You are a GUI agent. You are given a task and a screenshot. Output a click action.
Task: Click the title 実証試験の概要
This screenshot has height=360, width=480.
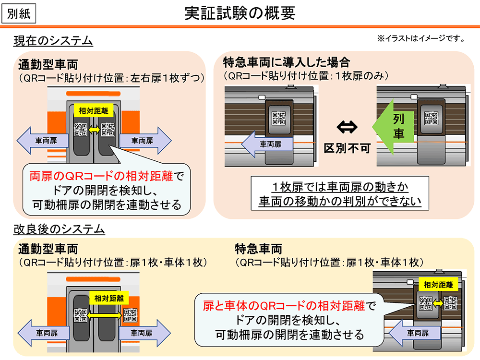pyautogui.click(x=240, y=13)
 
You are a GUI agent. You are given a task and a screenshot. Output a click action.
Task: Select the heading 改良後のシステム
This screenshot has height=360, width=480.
pyautogui.click(x=59, y=229)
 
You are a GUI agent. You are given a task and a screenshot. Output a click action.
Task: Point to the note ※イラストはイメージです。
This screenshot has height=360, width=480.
pyautogui.click(x=421, y=39)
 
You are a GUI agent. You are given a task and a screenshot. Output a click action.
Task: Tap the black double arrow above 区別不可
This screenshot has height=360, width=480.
pyautogui.click(x=347, y=127)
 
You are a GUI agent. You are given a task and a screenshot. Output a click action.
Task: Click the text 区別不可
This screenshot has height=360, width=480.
pyautogui.click(x=347, y=148)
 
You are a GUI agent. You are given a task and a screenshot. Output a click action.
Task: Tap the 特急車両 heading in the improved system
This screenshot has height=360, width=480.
pyautogui.click(x=258, y=249)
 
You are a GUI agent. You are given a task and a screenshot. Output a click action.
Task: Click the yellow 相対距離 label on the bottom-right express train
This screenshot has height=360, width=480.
pyautogui.click(x=438, y=285)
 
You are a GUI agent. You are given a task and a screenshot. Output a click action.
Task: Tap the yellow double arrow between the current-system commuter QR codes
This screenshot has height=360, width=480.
pyautogui.click(x=94, y=129)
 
